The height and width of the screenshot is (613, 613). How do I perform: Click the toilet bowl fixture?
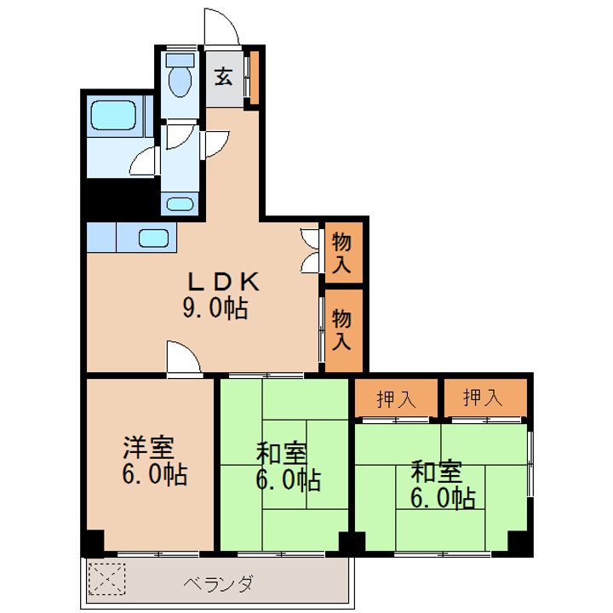pos(180,76)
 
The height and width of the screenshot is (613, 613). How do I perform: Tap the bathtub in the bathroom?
pos(113,115)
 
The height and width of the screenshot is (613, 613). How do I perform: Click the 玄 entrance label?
pos(224,77)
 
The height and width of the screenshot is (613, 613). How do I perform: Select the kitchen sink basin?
pos(153,238)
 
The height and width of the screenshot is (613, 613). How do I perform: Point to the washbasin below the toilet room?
pos(180,204)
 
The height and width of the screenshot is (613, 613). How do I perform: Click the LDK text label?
pos(224,282)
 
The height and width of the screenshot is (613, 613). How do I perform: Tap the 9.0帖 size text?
pos(215,308)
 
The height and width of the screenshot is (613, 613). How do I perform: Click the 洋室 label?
pos(149,448)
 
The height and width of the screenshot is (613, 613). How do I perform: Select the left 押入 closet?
pos(396,398)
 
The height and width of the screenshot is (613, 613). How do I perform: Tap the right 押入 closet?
pos(485,398)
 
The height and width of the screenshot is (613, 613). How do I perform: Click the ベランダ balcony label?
pos(219,584)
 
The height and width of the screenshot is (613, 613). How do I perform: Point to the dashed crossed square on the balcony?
pos(106,579)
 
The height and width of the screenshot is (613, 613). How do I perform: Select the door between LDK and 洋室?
pos(184,358)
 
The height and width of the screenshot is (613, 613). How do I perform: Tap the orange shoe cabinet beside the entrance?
pos(254,77)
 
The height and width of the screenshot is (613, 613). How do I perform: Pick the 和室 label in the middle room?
pos(282,454)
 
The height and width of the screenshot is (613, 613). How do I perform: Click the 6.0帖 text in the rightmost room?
pos(443,498)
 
